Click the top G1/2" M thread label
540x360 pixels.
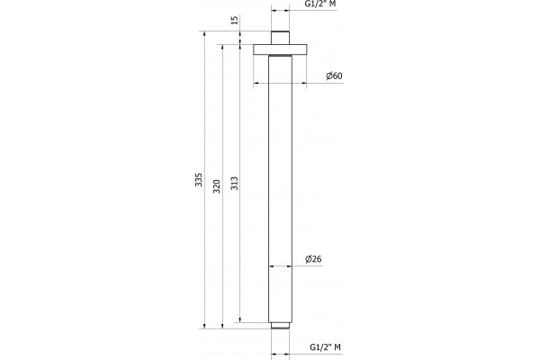pyautogui.click(x=320, y=4)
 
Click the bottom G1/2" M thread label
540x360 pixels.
pyautogui.click(x=326, y=346)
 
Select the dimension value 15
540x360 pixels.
pyautogui.click(x=235, y=20)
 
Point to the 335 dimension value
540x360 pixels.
pyautogui.click(x=199, y=180)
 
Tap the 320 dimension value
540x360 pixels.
pyautogui.click(x=216, y=186)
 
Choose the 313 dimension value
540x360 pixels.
pyautogui.click(x=234, y=184)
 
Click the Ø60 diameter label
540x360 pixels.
pyautogui.click(x=335, y=76)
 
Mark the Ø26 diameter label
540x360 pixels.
pyautogui.click(x=313, y=259)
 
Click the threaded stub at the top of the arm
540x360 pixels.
pyautogui.click(x=280, y=38)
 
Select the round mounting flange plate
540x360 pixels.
pyautogui.click(x=280, y=49)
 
